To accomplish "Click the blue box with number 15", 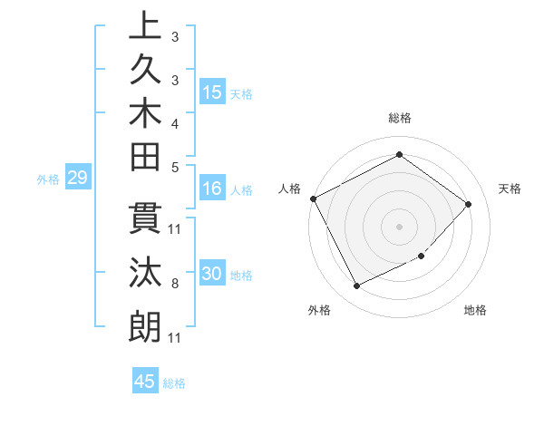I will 212,92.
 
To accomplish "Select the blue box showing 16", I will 211,189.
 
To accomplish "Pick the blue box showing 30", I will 212,275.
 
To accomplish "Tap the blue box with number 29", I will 77,179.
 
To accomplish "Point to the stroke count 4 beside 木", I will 174,123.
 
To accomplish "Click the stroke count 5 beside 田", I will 174,167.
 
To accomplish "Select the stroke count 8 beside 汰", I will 174,284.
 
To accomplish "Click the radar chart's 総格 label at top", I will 399,118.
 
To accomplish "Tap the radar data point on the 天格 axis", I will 468,204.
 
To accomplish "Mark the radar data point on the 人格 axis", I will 313,198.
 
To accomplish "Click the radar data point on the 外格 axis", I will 356,286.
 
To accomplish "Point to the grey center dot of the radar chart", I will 399,226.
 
